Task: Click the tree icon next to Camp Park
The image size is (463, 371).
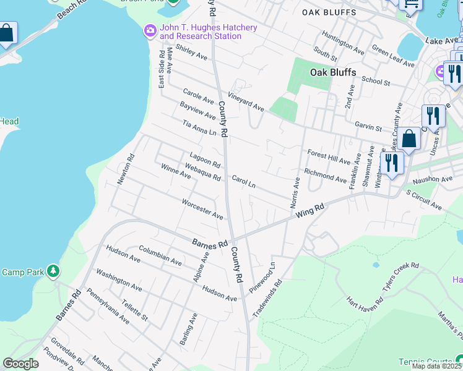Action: pos(54,271)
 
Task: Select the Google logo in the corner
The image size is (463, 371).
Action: pos(20,364)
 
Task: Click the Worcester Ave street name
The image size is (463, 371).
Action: pos(202,209)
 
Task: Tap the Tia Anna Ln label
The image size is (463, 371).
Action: pos(199,128)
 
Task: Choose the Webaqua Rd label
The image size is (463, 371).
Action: pos(202,173)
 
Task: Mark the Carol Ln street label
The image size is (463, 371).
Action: pos(243,181)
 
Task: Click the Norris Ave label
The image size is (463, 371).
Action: pos(295,192)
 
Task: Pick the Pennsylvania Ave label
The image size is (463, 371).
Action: pos(108,306)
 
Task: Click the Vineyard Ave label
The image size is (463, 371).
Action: pos(246,100)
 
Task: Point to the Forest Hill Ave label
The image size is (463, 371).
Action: pos(328,155)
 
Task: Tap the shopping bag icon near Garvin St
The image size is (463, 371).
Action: pos(409,140)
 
